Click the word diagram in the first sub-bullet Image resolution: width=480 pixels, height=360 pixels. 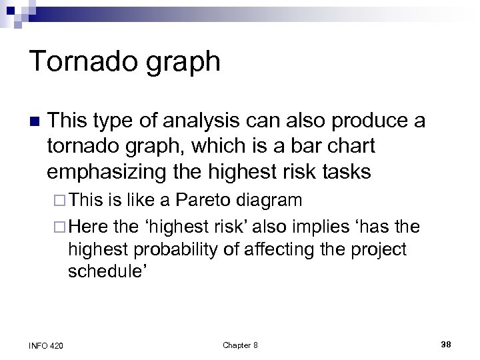click(x=271, y=200)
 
